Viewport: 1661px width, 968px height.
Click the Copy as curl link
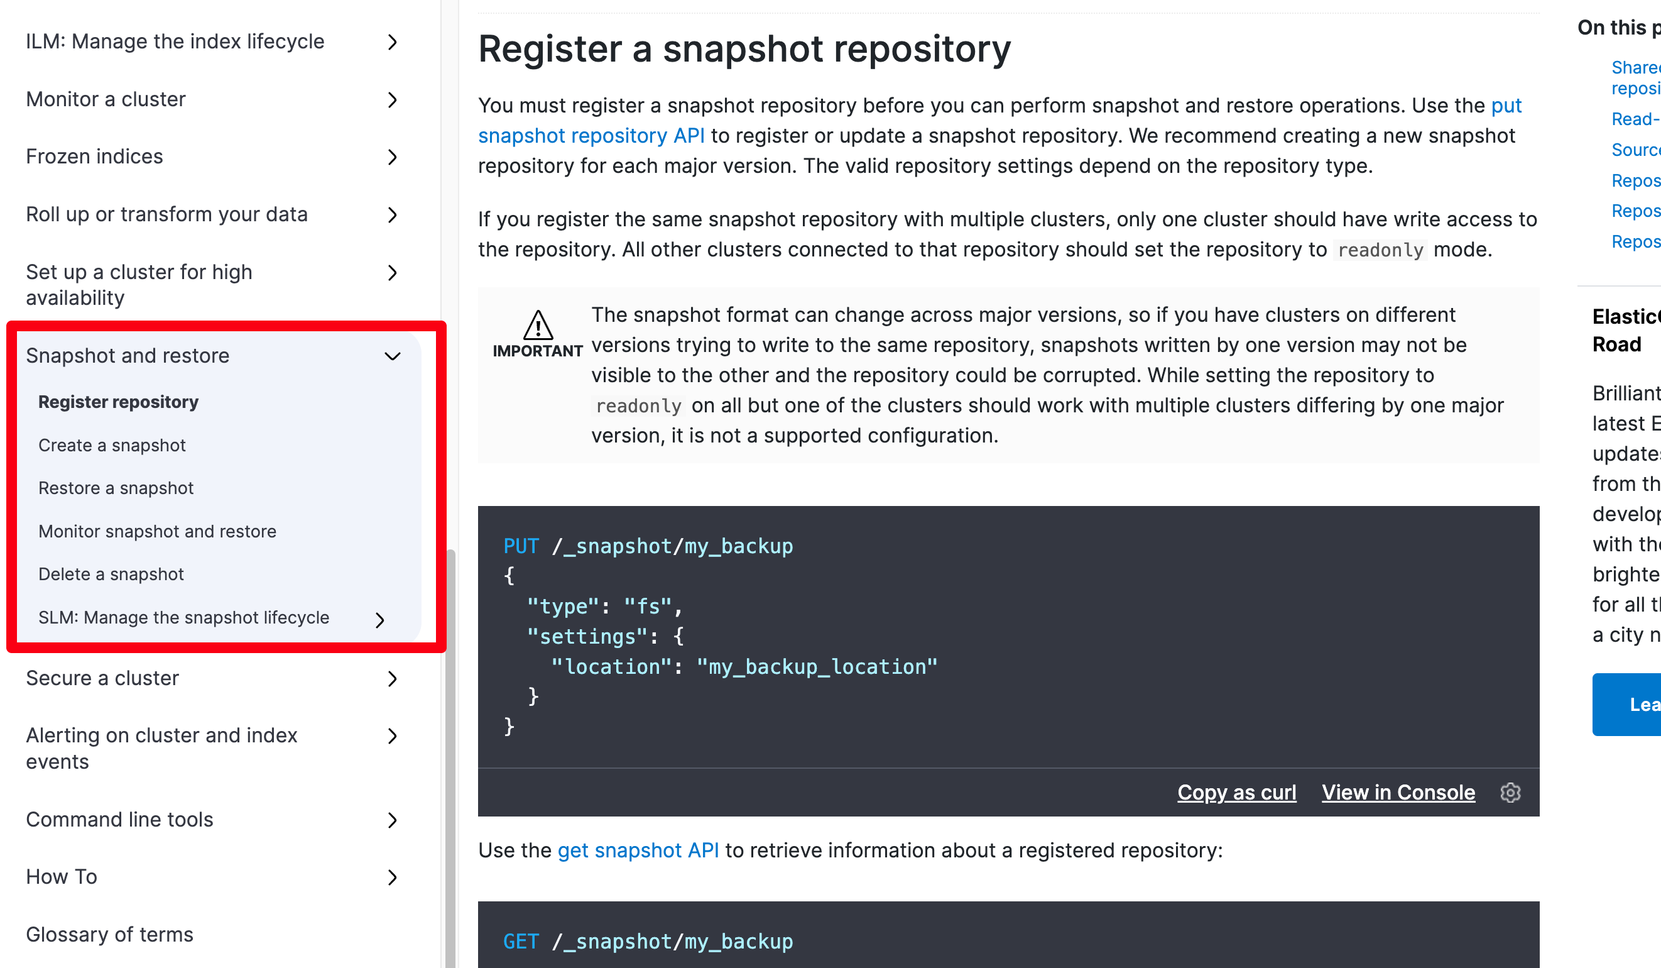[1236, 792]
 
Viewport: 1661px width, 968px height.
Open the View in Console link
[1398, 792]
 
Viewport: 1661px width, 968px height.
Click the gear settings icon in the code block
[1510, 792]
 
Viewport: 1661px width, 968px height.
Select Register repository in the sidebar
[119, 402]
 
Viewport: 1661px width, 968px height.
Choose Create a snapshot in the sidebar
[112, 445]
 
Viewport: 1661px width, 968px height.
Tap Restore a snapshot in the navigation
[116, 488]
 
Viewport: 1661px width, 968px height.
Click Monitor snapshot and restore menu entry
[158, 532]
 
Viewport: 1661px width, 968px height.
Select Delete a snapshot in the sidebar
[111, 575]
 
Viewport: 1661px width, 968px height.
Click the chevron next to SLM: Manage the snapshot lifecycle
[379, 620]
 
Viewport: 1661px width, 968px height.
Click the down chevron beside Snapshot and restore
[392, 356]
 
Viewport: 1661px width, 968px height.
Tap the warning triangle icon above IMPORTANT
[538, 324]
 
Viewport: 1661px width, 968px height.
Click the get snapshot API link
[638, 850]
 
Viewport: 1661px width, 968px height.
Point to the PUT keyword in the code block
[521, 546]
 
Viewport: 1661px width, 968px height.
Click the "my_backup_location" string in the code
[817, 667]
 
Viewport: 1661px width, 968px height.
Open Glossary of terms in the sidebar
[109, 934]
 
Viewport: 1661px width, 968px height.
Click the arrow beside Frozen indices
[392, 157]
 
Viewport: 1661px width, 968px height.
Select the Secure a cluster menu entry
[102, 678]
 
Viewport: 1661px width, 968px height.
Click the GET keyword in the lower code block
[521, 942]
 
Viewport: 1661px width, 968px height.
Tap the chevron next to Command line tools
[392, 820]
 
